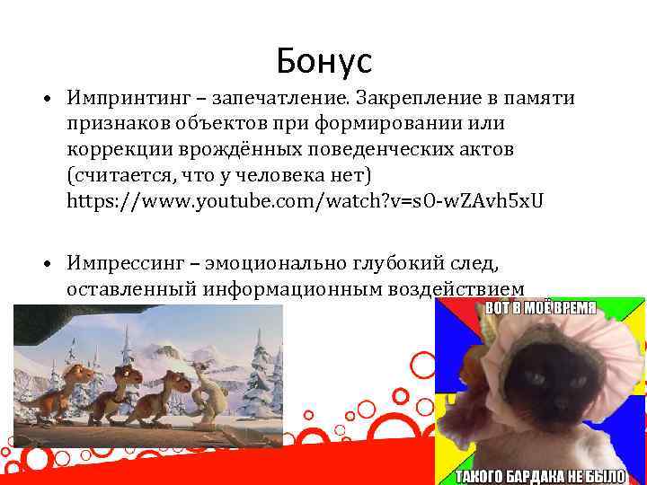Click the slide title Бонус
coord(323,61)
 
